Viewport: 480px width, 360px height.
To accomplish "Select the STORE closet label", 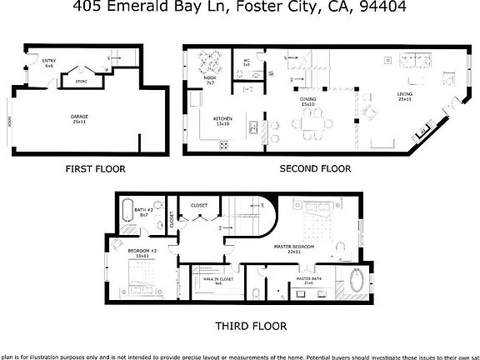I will tap(81, 82).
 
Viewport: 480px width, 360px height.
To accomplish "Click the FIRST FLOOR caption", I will tap(95, 168).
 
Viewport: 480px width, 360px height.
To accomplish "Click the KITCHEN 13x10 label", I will tap(222, 121).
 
